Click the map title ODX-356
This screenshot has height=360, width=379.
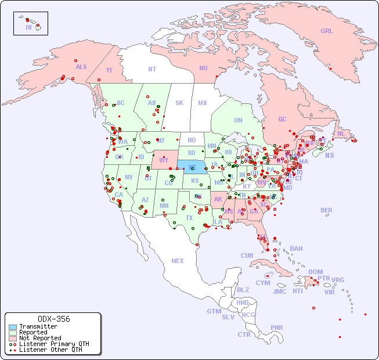tap(53, 319)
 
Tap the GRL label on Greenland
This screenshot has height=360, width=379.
tap(327, 31)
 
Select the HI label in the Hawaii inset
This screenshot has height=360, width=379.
tap(28, 27)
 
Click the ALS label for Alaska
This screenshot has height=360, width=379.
tap(81, 67)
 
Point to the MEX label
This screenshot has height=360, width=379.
tap(178, 261)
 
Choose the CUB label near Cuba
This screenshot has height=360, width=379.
tap(247, 255)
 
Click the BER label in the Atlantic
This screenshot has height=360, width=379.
tap(327, 210)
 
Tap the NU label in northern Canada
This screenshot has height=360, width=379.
tap(203, 68)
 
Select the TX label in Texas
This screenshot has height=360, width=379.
tap(189, 218)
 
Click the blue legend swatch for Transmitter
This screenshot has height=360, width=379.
tap(12, 327)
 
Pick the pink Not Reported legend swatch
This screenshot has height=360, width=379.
tap(12, 338)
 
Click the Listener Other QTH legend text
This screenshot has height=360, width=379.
tap(50, 350)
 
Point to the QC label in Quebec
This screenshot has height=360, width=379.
tap(282, 119)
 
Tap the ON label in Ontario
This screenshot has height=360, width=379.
tap(238, 120)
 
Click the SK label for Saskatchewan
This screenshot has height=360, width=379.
tap(179, 103)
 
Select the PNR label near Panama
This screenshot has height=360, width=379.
tap(277, 327)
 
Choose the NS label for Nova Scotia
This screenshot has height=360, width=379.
tap(330, 155)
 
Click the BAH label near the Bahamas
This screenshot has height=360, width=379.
tap(296, 249)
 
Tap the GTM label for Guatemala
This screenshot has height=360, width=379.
tap(214, 311)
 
